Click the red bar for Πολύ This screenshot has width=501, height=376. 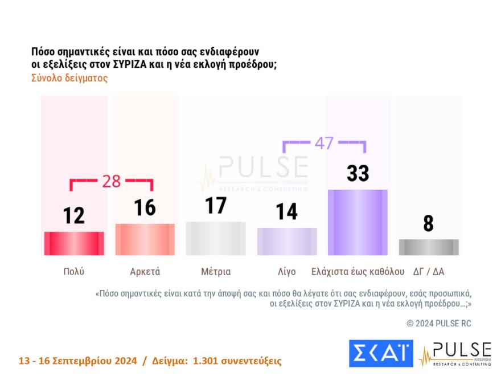(x=74, y=243)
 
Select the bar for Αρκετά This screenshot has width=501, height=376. (x=145, y=239)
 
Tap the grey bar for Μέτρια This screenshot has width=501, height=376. (x=216, y=238)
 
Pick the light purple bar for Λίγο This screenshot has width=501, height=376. (x=287, y=241)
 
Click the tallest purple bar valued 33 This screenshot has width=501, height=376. (x=358, y=222)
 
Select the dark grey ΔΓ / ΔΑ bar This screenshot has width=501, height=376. (x=429, y=247)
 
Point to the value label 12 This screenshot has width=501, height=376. (x=74, y=215)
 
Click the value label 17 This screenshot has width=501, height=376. (x=216, y=206)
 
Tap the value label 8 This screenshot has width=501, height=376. (x=429, y=223)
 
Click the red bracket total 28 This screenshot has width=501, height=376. (x=111, y=182)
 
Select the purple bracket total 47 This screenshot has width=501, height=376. (x=324, y=143)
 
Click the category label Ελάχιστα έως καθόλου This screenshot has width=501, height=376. (x=358, y=271)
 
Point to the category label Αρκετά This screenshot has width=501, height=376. (x=145, y=271)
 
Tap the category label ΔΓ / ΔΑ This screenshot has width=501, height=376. (x=429, y=271)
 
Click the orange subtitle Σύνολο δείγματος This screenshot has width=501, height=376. (x=69, y=79)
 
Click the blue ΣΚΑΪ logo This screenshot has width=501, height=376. (x=380, y=354)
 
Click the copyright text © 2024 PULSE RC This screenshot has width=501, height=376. (x=439, y=323)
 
